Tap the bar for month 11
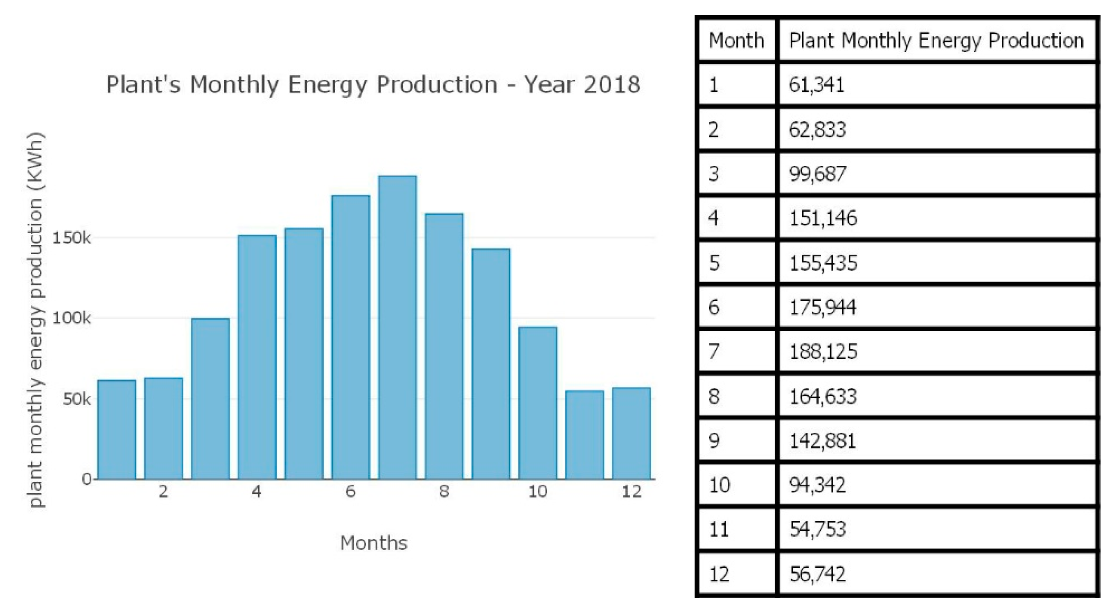pos(584,435)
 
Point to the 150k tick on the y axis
pos(72,238)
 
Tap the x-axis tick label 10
pos(537,492)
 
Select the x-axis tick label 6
pos(350,492)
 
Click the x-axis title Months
pos(374,543)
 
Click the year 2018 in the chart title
pos(612,84)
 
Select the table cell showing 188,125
pos(823,352)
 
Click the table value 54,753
pos(817,529)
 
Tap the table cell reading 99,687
pos(817,174)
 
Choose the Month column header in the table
pos(736,41)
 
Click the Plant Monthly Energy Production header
pos(936,41)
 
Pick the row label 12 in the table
pos(719,574)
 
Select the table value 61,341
pos(817,85)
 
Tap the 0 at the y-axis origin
pos(87,479)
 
